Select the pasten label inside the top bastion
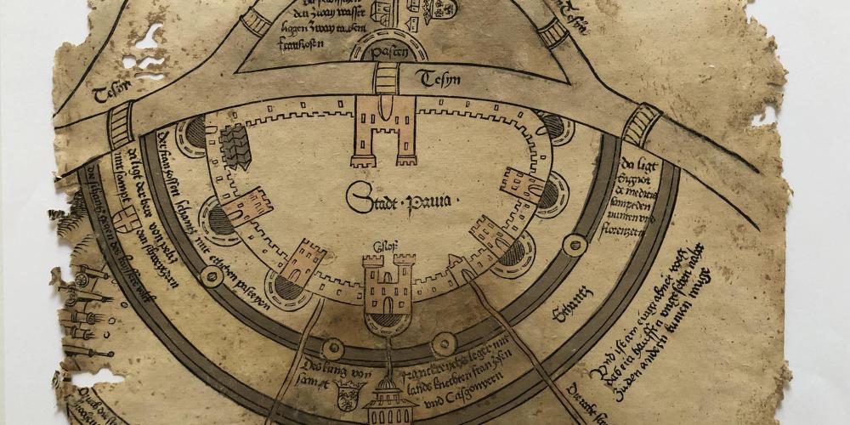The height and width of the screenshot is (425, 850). [387, 53]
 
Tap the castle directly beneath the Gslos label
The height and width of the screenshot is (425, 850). [386, 288]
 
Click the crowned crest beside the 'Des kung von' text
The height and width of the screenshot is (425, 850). [347, 395]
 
